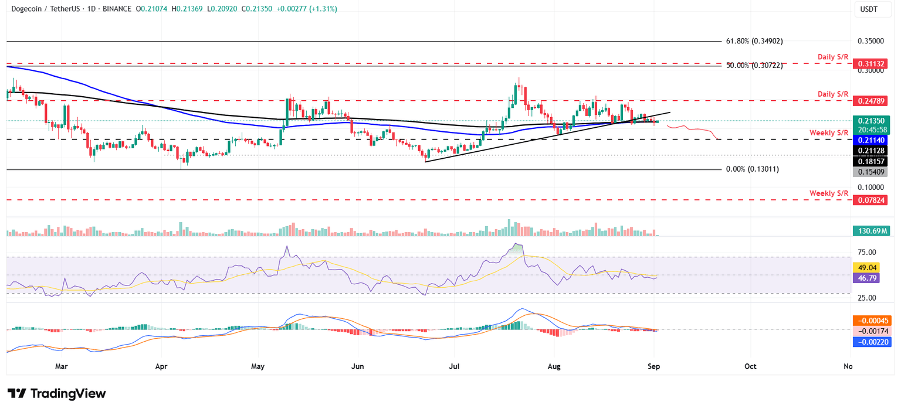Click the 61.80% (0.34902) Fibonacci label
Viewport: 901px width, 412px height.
[754, 41]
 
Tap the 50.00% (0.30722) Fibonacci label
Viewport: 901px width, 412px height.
[754, 66]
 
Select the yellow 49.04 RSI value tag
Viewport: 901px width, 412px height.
[866, 267]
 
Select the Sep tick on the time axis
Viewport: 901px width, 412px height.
[654, 366]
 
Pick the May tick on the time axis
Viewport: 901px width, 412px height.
[258, 366]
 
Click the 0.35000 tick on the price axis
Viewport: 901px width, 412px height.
[870, 42]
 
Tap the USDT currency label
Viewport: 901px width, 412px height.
[868, 9]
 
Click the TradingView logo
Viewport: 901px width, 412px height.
[56, 393]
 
